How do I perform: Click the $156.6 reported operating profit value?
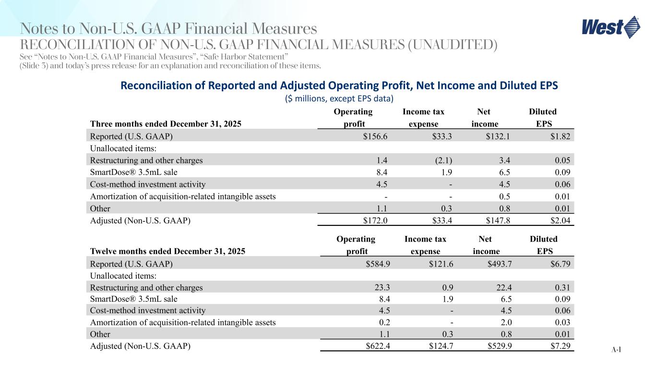[x=375, y=136]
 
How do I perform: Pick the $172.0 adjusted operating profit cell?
[x=375, y=221]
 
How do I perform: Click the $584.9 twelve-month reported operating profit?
[x=375, y=264]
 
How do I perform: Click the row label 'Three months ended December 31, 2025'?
[x=166, y=123]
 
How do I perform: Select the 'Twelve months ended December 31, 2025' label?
[x=167, y=251]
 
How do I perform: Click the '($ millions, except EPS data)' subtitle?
[x=339, y=98]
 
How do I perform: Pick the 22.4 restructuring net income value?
[x=500, y=288]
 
